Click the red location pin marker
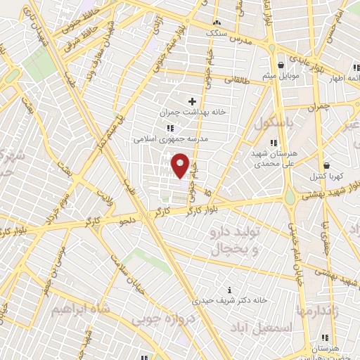181,165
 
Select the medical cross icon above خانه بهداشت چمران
192,101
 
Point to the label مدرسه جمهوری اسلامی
171,139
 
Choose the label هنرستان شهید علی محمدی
274,157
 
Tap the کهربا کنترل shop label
327,177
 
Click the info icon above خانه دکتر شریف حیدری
230,289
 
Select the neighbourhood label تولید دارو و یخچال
236,240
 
